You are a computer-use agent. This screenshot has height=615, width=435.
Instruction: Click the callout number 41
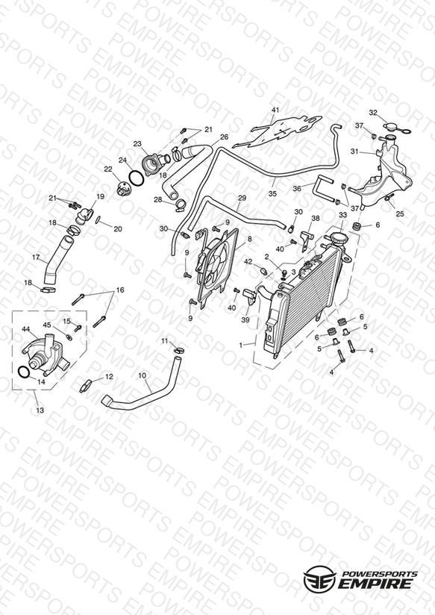point(275,110)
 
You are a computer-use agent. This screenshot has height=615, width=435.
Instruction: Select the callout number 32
point(373,113)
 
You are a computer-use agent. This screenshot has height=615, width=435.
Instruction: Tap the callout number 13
point(40,410)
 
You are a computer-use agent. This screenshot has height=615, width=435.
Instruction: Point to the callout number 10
point(142,375)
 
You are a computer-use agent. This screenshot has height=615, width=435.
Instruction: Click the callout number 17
point(36,257)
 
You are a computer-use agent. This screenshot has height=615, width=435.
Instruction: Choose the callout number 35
point(272,193)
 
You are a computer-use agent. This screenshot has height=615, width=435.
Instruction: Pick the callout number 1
point(241,346)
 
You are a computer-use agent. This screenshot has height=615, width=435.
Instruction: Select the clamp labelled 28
point(181,205)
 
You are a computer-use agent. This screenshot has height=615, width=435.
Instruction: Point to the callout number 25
point(400,213)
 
